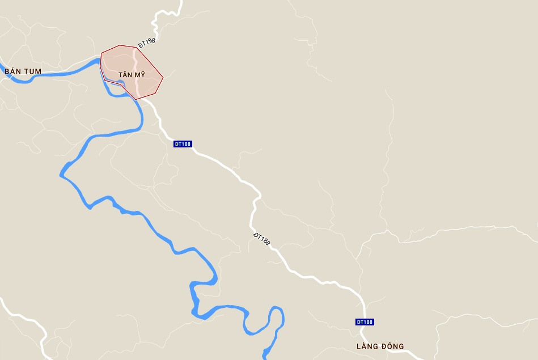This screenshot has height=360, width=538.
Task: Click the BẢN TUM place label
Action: (23, 71)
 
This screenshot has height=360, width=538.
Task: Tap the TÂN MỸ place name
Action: (132, 75)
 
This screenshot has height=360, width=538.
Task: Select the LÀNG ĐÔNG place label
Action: (380, 346)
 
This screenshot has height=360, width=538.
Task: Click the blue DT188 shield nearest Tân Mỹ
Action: (183, 144)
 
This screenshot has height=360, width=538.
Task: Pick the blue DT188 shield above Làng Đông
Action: (365, 322)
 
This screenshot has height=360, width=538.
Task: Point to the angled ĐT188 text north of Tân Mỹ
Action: (147, 43)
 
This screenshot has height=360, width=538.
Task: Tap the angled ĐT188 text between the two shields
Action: (261, 239)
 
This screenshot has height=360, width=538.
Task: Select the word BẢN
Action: (12, 71)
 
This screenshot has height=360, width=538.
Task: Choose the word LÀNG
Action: (368, 346)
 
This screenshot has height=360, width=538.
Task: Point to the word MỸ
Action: (140, 75)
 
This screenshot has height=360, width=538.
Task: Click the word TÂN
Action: (126, 75)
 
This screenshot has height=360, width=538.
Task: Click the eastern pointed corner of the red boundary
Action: (163, 77)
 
